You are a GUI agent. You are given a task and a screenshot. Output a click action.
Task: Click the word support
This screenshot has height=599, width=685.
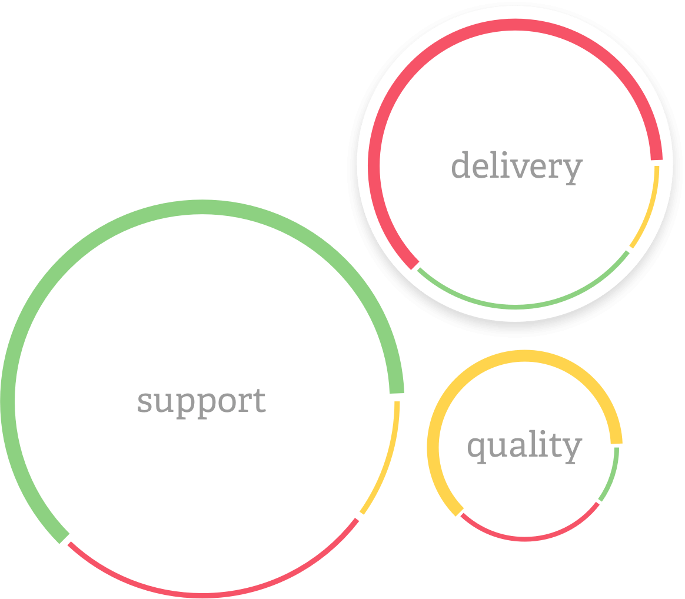(x=201, y=402)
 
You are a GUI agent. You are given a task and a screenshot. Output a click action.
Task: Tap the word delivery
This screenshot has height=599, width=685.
(x=516, y=167)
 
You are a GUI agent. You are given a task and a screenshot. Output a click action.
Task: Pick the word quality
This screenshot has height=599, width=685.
(x=524, y=447)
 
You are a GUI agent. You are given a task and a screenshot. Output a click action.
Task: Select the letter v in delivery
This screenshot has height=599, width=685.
(x=527, y=169)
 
